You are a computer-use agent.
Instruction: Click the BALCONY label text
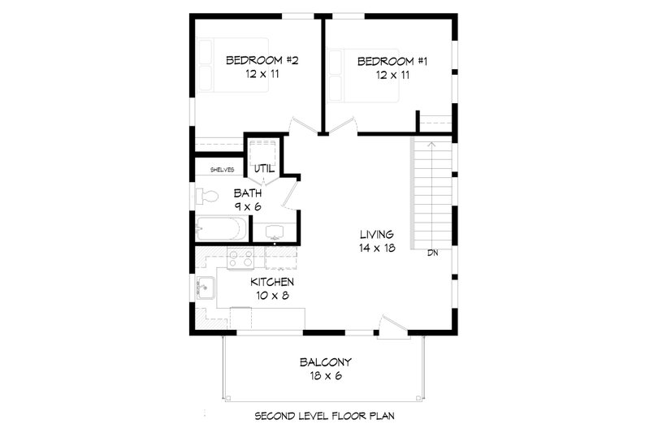pos(324,361)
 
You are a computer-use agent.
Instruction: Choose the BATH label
pos(248,193)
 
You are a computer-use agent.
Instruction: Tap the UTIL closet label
pos(264,168)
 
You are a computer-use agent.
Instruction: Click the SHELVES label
pos(222,170)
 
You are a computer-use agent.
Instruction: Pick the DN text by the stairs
pos(433,253)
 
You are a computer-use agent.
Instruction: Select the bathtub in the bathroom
pos(218,229)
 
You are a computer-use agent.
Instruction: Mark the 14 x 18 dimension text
pos(378,248)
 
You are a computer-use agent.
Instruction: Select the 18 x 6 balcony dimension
pos(324,375)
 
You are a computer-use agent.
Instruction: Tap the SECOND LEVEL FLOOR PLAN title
pos(324,415)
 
